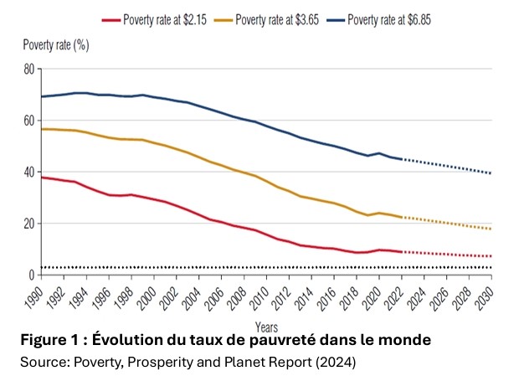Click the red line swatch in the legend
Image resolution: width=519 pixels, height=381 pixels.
(113, 18)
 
